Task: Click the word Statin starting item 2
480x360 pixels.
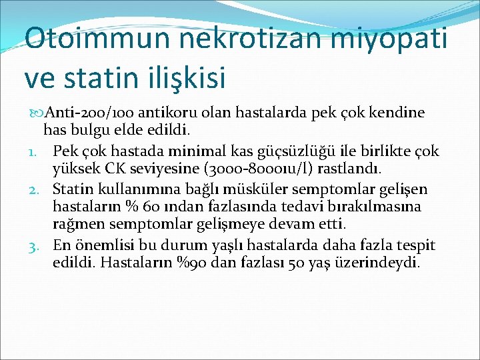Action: coord(73,188)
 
